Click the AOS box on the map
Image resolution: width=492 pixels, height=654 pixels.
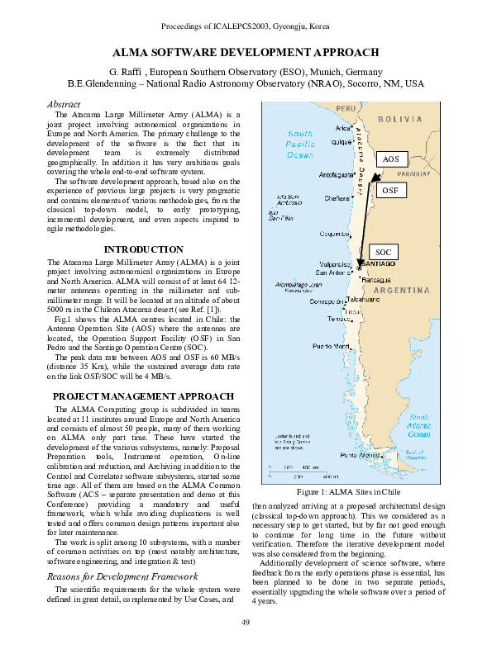click(391, 159)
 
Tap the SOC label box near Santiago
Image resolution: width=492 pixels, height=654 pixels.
click(383, 252)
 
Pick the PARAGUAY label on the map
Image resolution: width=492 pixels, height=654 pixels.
click(414, 175)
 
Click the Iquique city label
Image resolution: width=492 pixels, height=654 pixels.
click(342, 141)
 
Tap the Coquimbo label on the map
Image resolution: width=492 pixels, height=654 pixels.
click(335, 234)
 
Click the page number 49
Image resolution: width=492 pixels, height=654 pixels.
click(246, 621)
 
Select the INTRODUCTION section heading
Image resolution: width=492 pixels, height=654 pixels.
click(143, 249)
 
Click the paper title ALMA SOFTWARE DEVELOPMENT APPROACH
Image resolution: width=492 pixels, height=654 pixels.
click(246, 51)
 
